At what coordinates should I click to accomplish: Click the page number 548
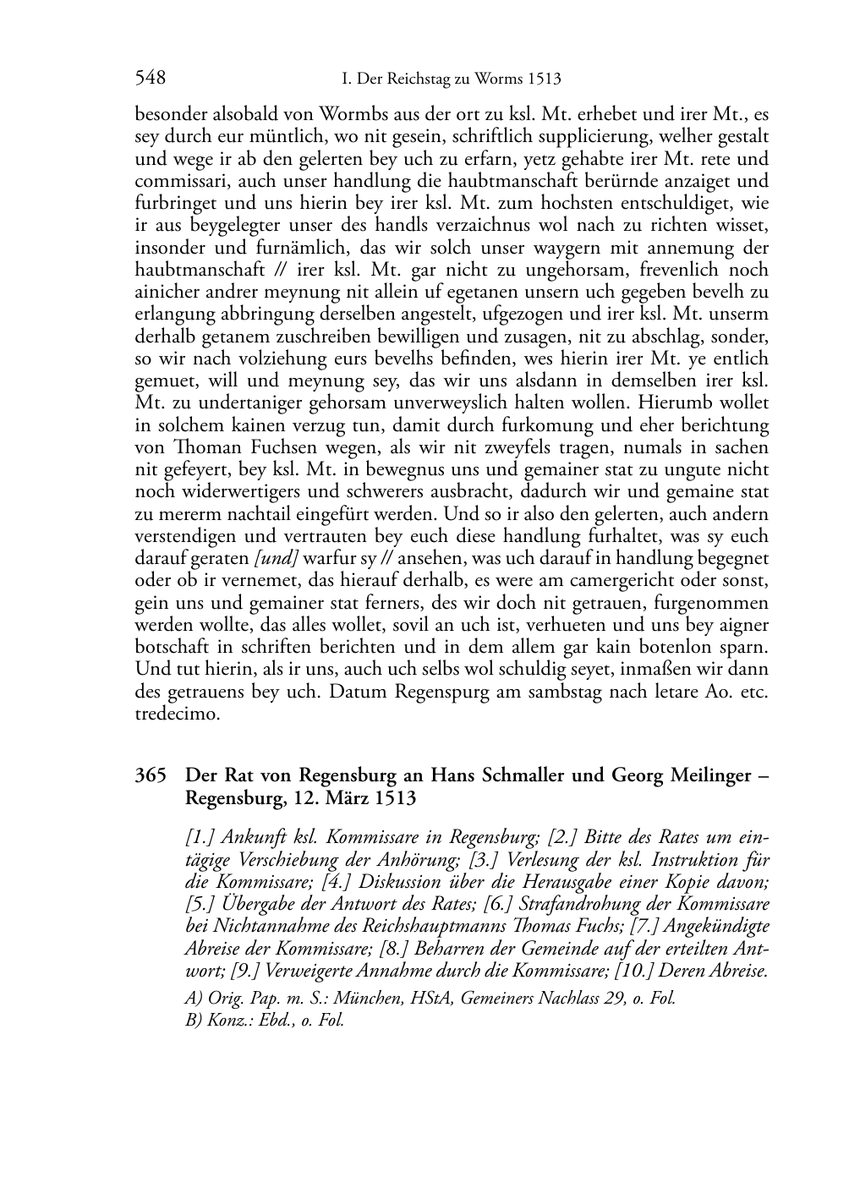click(150, 79)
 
